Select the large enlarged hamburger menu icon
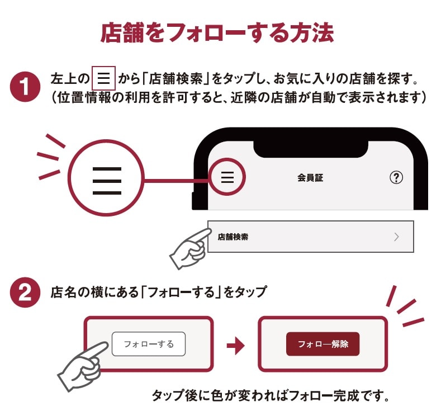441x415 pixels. click(x=107, y=180)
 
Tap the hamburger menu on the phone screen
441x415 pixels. click(x=227, y=178)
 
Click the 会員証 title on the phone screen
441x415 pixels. click(x=310, y=178)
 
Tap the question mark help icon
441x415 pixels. click(x=396, y=178)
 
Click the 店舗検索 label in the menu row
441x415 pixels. click(x=233, y=237)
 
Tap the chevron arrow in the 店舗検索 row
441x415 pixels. click(x=396, y=237)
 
